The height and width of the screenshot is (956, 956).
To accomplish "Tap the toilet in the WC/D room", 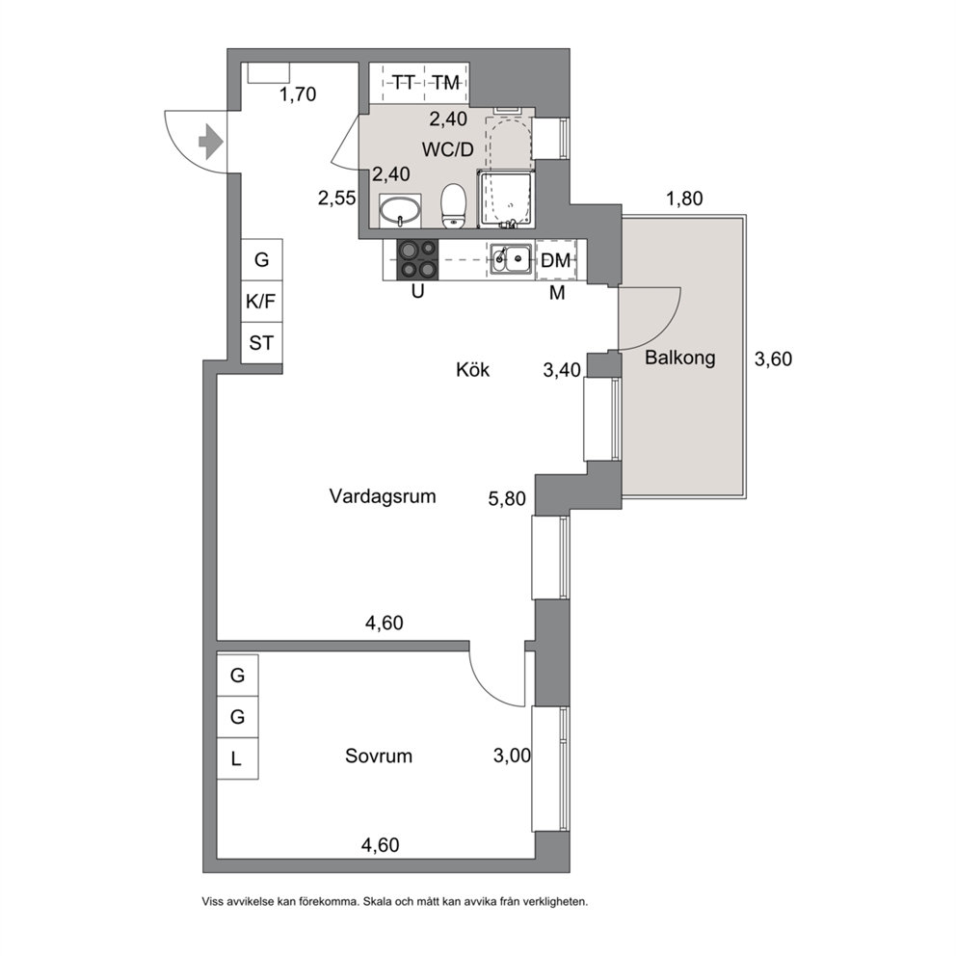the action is (453, 205).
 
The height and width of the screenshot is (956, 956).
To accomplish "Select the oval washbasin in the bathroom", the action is (400, 211).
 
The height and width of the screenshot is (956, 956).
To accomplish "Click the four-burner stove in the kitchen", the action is (417, 260).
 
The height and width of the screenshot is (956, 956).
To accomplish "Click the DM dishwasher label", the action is (555, 261).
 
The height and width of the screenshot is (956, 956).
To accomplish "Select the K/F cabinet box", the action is (261, 302).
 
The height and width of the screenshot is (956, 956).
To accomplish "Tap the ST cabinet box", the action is (261, 343).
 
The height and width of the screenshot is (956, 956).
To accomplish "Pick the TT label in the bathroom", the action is (403, 82).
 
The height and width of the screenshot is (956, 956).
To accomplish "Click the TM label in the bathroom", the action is (445, 82).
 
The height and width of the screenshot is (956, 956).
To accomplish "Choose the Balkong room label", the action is (679, 358).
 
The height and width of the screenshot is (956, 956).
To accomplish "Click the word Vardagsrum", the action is (383, 496).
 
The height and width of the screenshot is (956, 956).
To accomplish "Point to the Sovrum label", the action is (379, 756).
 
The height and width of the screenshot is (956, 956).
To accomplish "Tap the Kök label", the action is (472, 369).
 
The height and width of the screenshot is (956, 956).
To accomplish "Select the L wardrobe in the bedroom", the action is (238, 758).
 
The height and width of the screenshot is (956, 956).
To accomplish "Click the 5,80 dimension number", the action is (507, 499).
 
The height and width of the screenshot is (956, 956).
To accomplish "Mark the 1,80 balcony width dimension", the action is (684, 199).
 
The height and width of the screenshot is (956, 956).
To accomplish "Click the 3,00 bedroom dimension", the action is (512, 756).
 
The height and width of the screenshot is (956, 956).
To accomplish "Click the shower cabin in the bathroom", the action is (505, 199).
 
